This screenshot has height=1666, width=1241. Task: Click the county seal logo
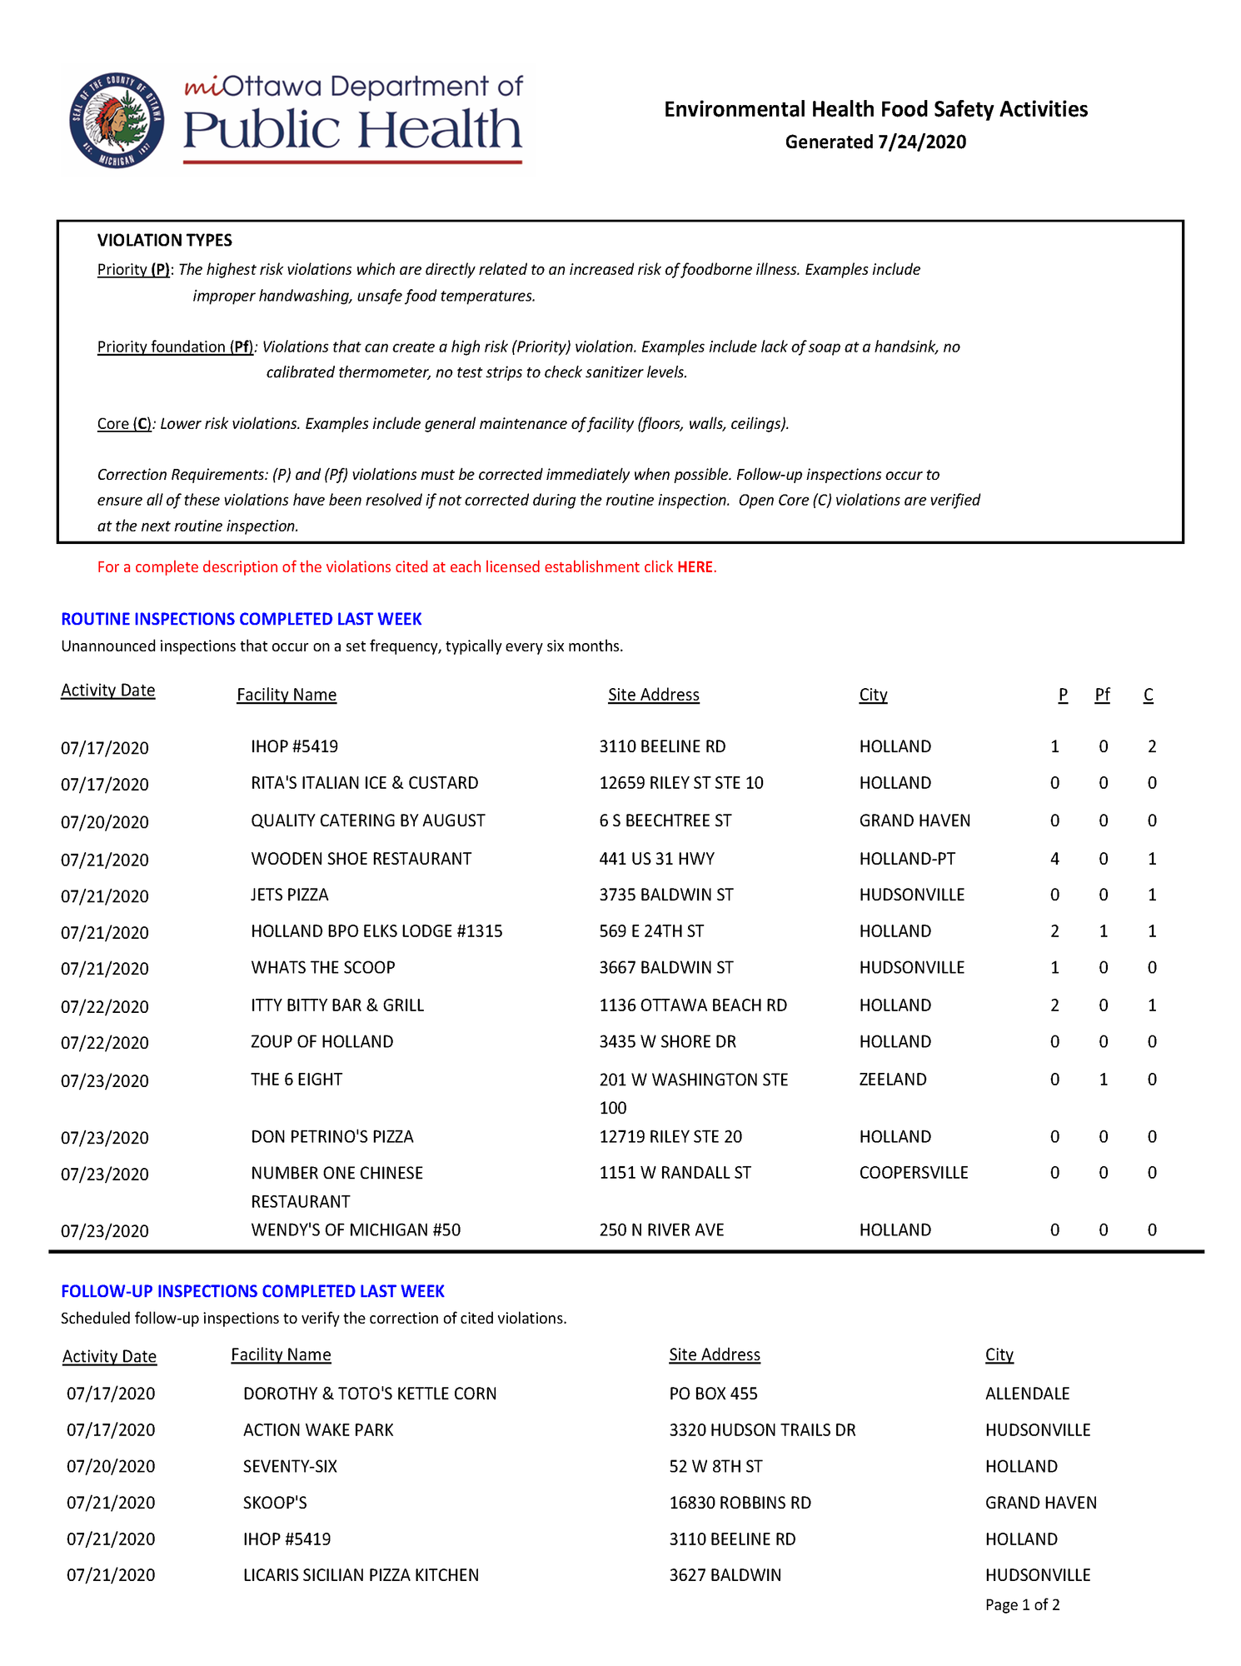(117, 121)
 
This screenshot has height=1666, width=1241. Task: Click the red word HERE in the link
(695, 567)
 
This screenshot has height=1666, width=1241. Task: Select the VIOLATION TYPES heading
(165, 241)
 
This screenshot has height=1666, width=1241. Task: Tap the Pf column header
(1102, 695)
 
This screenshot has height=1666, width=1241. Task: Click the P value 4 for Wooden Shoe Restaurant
(1054, 859)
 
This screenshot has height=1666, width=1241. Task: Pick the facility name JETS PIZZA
(290, 895)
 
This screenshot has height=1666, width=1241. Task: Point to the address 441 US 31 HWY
(657, 859)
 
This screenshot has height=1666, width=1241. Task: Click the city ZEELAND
(893, 1080)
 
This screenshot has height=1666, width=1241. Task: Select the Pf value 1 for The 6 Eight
(1104, 1080)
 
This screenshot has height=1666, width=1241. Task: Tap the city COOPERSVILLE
(914, 1173)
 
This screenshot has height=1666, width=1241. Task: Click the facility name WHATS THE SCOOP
(323, 968)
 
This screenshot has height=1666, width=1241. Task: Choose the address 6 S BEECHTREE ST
(665, 821)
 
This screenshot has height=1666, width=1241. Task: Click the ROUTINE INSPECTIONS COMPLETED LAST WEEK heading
(242, 620)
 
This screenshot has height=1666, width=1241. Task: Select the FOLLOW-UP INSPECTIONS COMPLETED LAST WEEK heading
(253, 1292)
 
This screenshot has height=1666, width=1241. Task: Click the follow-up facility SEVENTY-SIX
(290, 1467)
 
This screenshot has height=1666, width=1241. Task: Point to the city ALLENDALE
(1028, 1394)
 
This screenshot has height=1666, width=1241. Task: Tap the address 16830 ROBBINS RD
(740, 1504)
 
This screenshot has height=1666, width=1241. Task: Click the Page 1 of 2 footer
(1023, 1605)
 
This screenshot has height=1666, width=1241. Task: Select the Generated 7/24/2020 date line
(875, 142)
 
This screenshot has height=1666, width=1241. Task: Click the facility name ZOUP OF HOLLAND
(322, 1042)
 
